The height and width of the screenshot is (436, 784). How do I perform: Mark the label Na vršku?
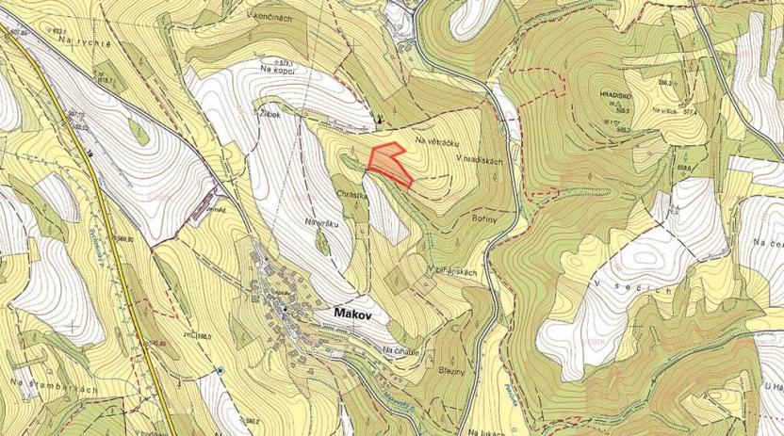point(320,223)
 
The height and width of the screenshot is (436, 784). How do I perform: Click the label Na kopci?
point(280,69)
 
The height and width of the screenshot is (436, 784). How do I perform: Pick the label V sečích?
point(639,283)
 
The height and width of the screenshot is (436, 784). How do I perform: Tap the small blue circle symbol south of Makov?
point(220,371)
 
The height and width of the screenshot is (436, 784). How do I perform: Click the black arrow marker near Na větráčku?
point(379,120)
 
